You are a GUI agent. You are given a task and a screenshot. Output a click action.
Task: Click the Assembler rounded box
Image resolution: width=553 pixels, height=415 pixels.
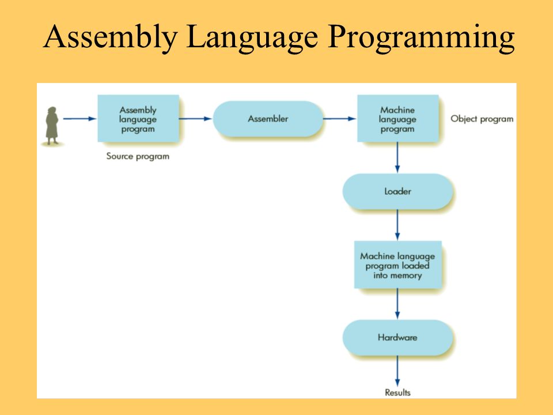click(268, 119)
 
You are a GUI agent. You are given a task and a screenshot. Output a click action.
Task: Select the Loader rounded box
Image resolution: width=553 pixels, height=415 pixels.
click(398, 191)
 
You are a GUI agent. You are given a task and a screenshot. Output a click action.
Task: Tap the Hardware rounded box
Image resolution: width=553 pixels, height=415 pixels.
click(398, 337)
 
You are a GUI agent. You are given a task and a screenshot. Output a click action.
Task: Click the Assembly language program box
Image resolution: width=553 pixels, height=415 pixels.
click(138, 119)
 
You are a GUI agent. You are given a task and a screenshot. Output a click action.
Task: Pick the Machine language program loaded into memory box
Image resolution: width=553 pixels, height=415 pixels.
click(398, 265)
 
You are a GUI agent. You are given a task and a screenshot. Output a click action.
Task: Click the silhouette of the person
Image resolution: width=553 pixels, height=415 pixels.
click(52, 126)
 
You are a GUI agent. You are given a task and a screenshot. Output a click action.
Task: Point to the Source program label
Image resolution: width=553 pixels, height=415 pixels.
click(138, 156)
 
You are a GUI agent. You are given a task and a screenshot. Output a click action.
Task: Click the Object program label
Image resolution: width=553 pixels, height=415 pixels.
click(482, 119)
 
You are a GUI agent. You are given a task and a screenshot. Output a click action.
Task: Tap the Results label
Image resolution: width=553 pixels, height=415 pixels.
click(397, 393)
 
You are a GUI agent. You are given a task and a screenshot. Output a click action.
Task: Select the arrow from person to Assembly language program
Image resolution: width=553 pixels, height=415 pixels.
click(79, 119)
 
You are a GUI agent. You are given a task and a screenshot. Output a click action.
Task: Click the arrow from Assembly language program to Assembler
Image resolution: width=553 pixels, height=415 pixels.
click(195, 119)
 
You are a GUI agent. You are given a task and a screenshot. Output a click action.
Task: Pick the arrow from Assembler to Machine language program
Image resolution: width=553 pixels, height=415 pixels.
click(340, 119)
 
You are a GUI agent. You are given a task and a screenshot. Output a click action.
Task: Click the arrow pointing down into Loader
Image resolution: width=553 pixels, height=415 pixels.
click(397, 157)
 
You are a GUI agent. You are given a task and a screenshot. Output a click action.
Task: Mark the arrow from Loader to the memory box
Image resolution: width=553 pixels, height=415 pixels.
click(397, 225)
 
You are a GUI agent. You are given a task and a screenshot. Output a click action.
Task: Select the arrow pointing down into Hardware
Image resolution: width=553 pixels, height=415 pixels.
click(397, 304)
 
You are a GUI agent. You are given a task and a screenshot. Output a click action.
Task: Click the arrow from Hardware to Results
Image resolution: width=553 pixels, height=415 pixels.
click(397, 371)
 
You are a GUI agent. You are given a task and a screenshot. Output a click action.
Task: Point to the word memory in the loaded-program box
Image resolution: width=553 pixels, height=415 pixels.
click(406, 276)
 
